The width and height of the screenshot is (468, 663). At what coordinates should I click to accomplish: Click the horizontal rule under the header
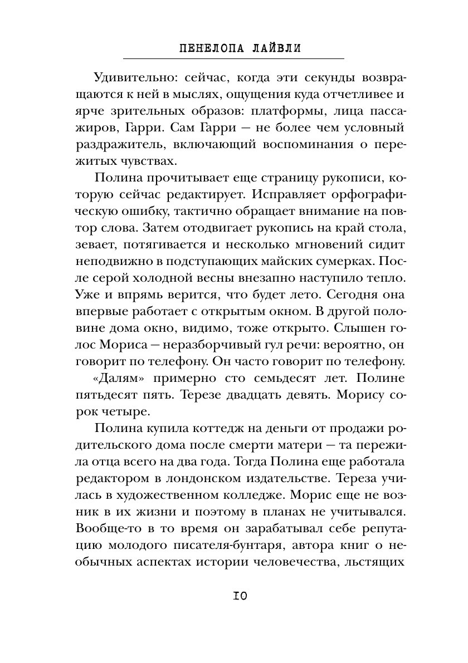(233, 58)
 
